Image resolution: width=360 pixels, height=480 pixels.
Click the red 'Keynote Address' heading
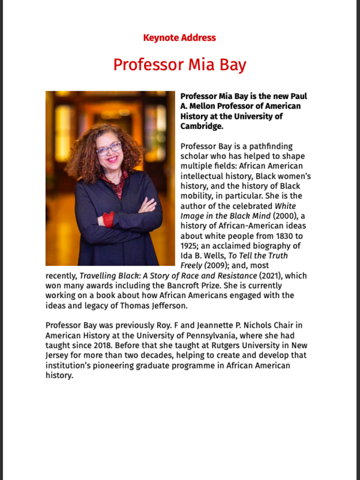(179, 38)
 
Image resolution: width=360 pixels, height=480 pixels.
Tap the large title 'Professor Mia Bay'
(179, 64)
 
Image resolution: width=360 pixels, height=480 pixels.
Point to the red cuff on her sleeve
(109, 219)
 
